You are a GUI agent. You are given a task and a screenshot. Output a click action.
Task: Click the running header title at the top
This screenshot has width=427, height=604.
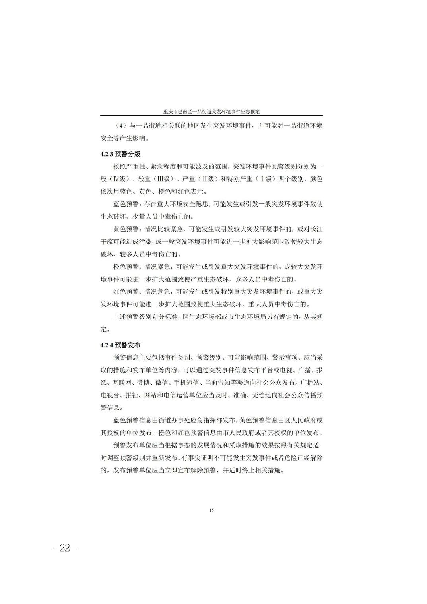click(211, 112)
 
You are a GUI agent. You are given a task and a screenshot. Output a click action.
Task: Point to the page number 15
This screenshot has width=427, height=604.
click(211, 510)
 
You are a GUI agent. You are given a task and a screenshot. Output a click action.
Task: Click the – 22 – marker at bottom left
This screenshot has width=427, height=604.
click(65, 548)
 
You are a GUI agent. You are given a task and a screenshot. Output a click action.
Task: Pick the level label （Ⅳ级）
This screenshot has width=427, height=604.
click(121, 179)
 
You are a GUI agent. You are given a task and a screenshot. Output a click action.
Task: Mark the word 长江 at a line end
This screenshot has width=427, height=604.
click(316, 229)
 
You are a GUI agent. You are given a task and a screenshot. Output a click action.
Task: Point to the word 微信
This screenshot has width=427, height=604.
click(163, 383)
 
